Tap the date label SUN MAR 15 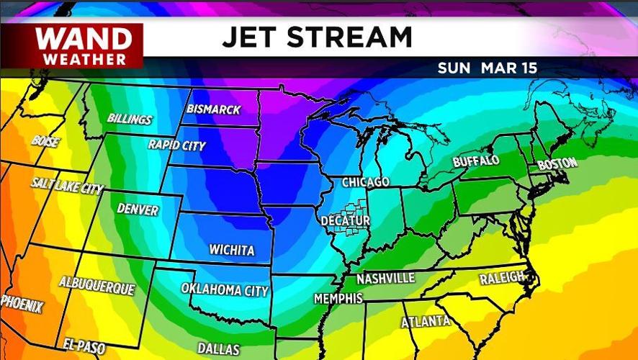(x=488, y=68)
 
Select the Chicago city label (x=365, y=182)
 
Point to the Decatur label (x=346, y=220)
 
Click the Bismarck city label (x=212, y=109)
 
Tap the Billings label (x=130, y=119)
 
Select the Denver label (x=137, y=209)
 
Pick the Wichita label (x=231, y=251)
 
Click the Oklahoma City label (x=225, y=290)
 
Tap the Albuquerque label (x=96, y=285)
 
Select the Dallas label (x=219, y=349)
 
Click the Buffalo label (x=476, y=161)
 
